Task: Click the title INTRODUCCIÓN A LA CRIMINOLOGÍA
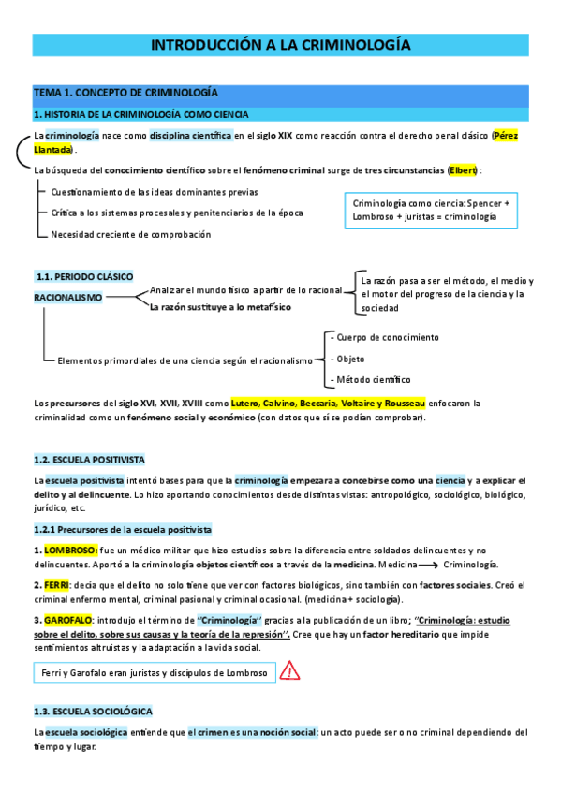pyautogui.click(x=281, y=44)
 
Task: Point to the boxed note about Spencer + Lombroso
pyautogui.click(x=432, y=210)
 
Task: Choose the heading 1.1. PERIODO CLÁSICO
pyautogui.click(x=84, y=277)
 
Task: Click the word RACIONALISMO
pyautogui.click(x=68, y=296)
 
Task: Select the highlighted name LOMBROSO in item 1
pyautogui.click(x=69, y=551)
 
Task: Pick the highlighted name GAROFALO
pyautogui.click(x=70, y=619)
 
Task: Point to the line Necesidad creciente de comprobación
pyautogui.click(x=130, y=234)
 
